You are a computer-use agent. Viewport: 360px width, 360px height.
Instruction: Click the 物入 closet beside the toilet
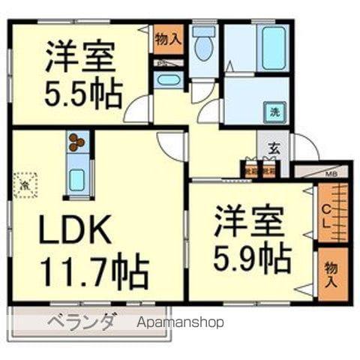[168, 39]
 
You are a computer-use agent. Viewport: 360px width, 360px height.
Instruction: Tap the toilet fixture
[202, 46]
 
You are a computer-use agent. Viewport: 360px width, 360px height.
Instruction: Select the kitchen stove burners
[77, 141]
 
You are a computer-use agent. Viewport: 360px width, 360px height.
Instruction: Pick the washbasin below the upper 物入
[170, 80]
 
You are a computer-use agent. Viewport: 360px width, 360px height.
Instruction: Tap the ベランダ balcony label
[82, 323]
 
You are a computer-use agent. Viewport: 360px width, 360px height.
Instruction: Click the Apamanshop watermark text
[181, 323]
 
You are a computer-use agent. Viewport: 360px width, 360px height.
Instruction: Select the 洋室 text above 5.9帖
[250, 222]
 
